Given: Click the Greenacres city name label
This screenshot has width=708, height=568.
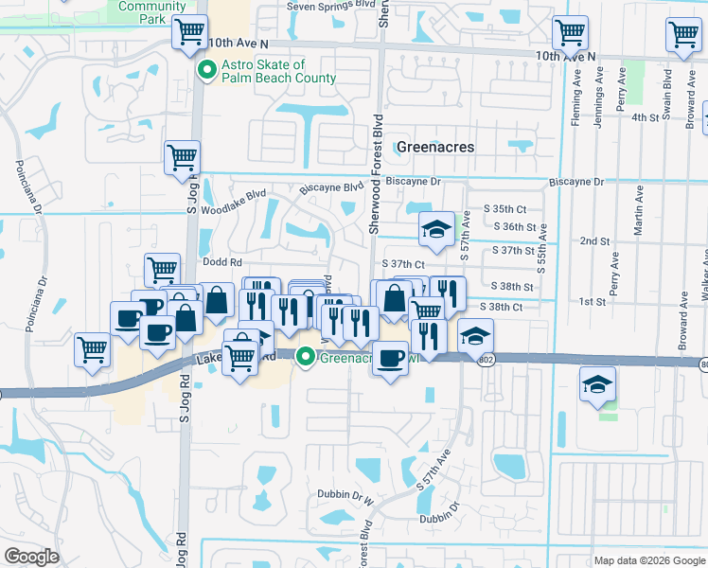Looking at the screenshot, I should pyautogui.click(x=434, y=148).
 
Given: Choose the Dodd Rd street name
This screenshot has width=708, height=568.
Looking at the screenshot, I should pyautogui.click(x=222, y=262).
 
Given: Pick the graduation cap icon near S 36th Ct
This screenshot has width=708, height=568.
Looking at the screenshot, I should pyautogui.click(x=435, y=229).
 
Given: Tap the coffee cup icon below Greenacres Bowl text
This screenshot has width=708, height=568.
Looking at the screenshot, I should pyautogui.click(x=390, y=358).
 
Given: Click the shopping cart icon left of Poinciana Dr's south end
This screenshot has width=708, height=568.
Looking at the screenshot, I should pyautogui.click(x=93, y=351).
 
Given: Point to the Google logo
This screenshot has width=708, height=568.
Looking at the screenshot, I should pyautogui.click(x=32, y=557).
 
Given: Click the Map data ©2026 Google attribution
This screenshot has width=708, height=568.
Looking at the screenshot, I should pyautogui.click(x=648, y=560).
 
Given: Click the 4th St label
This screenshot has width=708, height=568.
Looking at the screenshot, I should pyautogui.click(x=645, y=116).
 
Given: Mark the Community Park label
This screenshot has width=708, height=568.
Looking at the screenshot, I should pyautogui.click(x=152, y=11).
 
